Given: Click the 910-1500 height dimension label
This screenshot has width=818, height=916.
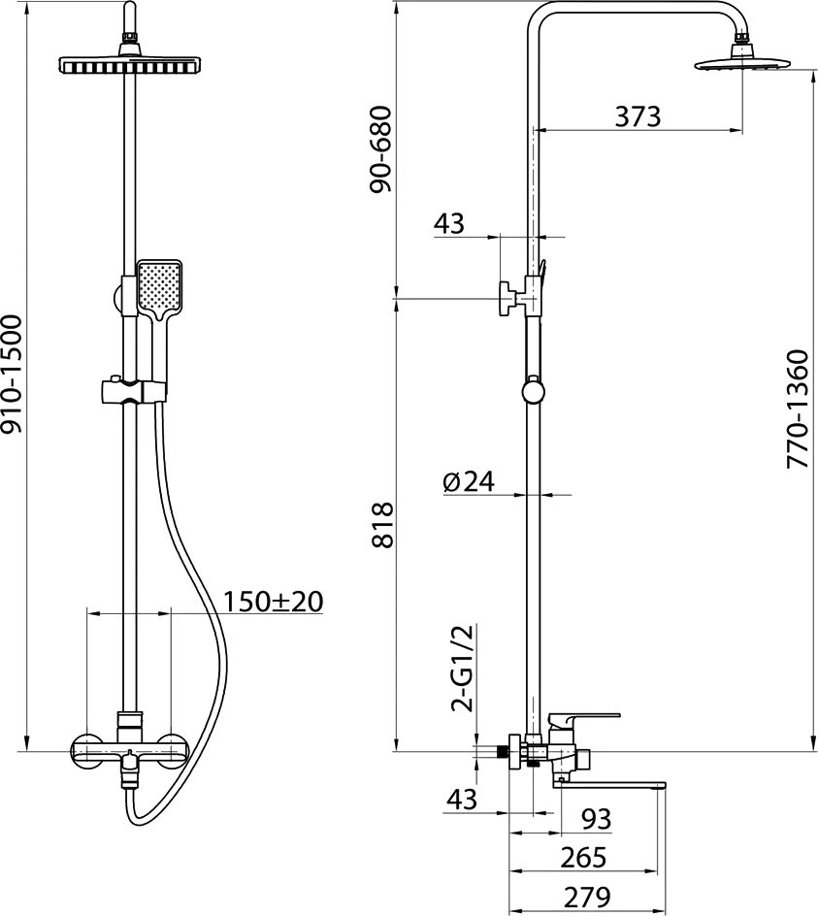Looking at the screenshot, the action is click(12, 374).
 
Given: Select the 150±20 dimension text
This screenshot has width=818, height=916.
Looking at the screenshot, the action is click(274, 602).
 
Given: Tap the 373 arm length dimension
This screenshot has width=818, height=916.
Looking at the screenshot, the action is click(638, 116).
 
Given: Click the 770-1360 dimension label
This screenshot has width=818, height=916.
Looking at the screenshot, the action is click(797, 409).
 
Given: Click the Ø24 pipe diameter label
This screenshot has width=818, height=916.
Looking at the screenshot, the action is click(468, 481).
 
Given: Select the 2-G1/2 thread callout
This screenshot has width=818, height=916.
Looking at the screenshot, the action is click(462, 668).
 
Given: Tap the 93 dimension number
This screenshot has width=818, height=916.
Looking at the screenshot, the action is click(596, 819).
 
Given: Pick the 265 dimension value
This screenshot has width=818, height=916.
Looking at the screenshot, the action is click(584, 858).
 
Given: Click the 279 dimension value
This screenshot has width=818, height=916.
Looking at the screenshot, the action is click(587, 897).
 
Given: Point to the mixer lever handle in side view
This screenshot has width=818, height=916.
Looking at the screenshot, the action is click(584, 720).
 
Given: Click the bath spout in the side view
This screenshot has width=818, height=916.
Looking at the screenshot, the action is click(610, 786).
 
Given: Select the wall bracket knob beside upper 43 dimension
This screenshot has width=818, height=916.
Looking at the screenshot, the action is click(506, 299).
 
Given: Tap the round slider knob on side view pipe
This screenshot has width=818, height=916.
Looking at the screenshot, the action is click(533, 391).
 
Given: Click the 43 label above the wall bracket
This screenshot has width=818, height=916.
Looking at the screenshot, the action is click(448, 223).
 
